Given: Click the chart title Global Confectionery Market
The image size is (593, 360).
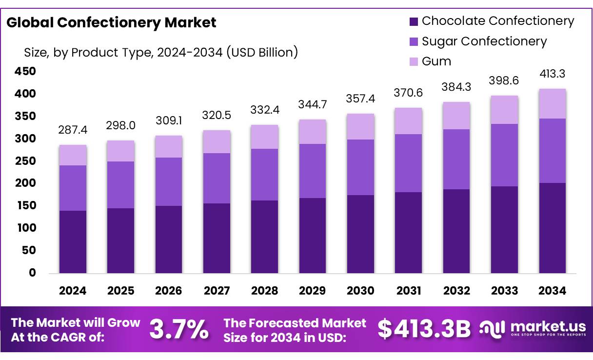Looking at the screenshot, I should point(112,22).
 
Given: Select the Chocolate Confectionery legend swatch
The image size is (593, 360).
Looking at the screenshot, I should point(414,21).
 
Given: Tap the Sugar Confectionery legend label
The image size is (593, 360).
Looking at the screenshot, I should point(484,41).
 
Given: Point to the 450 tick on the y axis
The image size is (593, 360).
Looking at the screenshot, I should point(26,72).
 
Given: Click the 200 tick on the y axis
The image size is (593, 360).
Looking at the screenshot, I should point(26,183).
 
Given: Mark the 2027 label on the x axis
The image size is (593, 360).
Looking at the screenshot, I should point(217,291).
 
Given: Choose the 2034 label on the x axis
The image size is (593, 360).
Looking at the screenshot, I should point(553,291).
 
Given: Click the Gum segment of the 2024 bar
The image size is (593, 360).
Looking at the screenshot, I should point(73,155).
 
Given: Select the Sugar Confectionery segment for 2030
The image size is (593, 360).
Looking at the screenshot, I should point(360,167).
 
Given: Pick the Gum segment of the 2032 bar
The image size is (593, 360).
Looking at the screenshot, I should point(456,116).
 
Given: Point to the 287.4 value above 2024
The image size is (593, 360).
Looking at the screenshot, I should point(73,131).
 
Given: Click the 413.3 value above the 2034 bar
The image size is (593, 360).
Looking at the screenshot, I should point(553,74).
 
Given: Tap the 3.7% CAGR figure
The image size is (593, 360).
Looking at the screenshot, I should point(178,329).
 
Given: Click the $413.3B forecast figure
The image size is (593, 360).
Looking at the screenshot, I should point(424,329).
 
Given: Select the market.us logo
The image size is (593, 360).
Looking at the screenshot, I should point(532,329).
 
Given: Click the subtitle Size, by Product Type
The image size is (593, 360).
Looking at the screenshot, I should point(161,52).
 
